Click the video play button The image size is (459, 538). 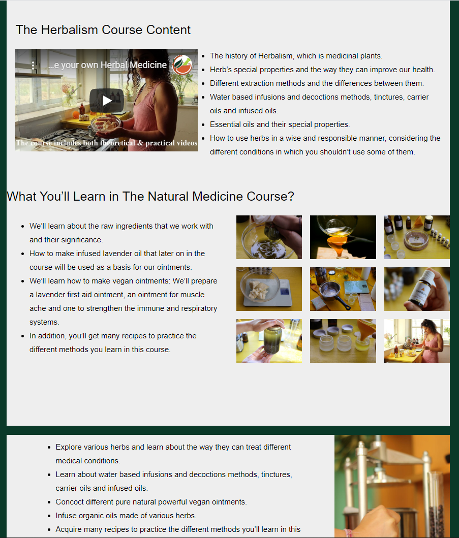(107, 100)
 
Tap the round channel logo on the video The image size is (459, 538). (182, 65)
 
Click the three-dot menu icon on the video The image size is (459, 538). (33, 65)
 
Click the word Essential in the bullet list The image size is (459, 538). (225, 124)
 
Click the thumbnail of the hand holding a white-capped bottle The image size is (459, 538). (417, 289)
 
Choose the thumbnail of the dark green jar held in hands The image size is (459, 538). (269, 341)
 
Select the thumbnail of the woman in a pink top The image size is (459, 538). (417, 341)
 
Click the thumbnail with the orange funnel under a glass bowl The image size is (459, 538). (343, 237)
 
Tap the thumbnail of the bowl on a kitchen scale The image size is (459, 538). (269, 289)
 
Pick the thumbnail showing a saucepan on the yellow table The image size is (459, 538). (343, 289)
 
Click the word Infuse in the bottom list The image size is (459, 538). (65, 516)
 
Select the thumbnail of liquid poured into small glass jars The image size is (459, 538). (343, 341)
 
